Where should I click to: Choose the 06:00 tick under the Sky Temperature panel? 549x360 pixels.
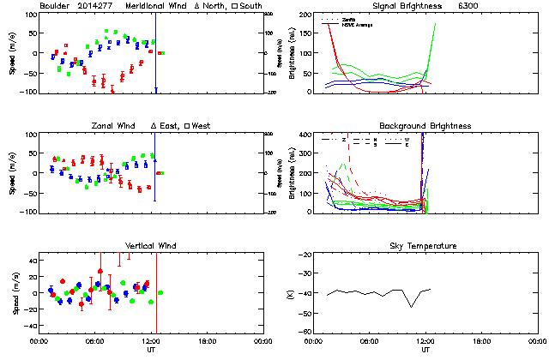coord(369,341)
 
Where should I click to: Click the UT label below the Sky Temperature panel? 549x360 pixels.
coord(425,350)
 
